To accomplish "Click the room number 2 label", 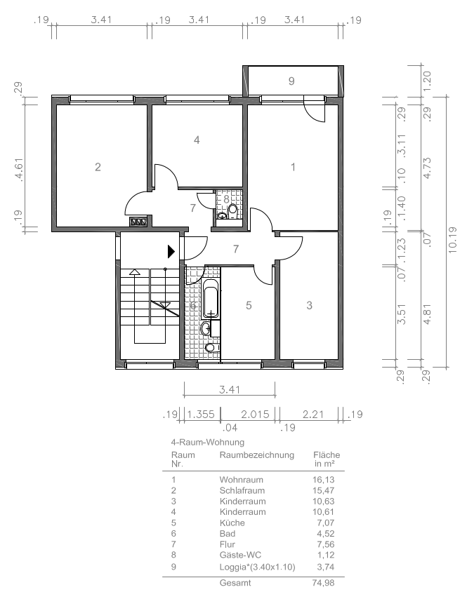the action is [x=98, y=167].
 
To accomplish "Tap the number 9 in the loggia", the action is [x=291, y=81].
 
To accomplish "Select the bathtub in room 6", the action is [x=211, y=298].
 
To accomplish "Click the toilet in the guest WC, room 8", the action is [x=232, y=210].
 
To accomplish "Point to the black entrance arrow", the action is [x=171, y=251].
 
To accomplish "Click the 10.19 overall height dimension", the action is [x=452, y=240].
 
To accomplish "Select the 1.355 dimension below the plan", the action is [x=201, y=414].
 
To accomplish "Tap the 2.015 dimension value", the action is [x=255, y=414].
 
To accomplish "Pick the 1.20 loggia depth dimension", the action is [x=427, y=81].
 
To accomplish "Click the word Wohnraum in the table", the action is [x=242, y=480].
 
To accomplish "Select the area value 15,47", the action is [x=323, y=490].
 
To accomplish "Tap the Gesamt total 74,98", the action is [x=323, y=583].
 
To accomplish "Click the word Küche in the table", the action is [x=232, y=523].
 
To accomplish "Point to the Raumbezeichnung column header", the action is [x=257, y=455].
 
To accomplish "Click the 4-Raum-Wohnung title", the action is [x=208, y=442].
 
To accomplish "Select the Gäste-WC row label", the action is [x=240, y=555].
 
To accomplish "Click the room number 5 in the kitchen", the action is [x=249, y=305].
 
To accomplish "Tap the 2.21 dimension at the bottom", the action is [x=313, y=414].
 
